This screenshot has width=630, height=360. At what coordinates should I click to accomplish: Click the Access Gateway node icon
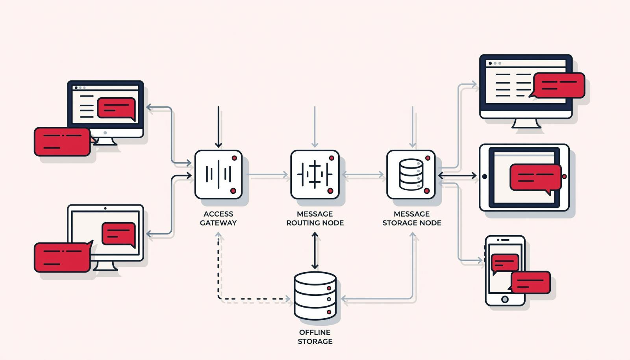(218, 174)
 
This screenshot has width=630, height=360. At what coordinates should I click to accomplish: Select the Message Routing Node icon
(315, 174)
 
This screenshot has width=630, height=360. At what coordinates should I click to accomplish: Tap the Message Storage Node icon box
(411, 174)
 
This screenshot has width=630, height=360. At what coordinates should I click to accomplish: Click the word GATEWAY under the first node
(218, 223)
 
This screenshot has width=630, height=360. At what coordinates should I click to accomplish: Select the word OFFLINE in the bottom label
(315, 332)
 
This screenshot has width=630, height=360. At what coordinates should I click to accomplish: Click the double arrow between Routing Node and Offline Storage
(315, 251)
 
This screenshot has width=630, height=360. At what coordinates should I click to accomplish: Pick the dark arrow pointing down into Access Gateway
(218, 127)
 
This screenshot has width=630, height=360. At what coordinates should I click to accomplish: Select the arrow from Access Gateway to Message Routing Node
(267, 174)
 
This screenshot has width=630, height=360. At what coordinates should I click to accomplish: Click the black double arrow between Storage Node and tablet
(457, 176)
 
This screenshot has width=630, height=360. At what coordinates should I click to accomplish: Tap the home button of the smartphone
(505, 299)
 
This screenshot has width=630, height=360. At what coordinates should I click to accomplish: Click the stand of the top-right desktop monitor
(526, 123)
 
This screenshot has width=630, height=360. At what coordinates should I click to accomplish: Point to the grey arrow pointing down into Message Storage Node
(412, 127)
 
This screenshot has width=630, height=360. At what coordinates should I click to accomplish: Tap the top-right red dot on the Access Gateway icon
(234, 158)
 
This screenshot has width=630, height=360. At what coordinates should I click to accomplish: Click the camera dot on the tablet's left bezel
(485, 176)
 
